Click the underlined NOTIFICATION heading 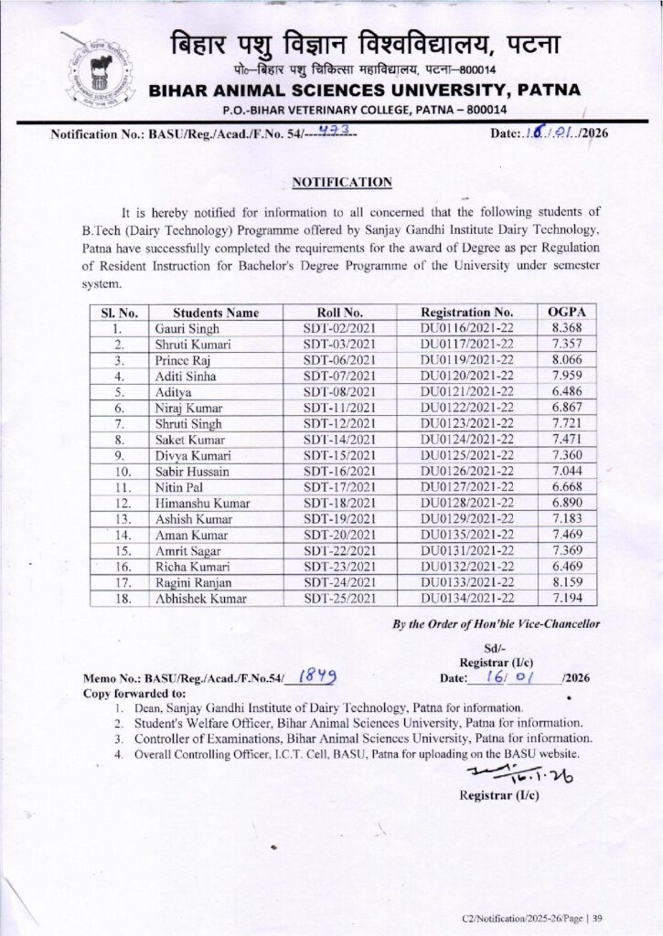342,183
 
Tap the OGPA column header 566,312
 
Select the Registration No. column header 466,312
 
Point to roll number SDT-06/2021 339,359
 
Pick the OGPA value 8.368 567,328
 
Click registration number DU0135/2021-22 466,535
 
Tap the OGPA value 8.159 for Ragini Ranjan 567,582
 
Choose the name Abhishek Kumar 195,599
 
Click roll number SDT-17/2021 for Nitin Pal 339,487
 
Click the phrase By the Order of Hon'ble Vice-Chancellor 496,623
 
